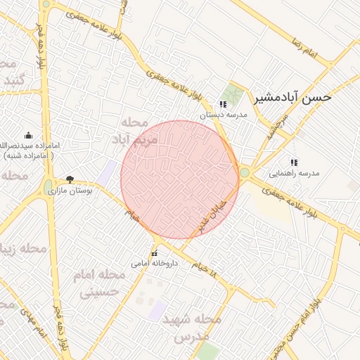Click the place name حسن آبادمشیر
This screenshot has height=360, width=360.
pyautogui.click(x=292, y=98)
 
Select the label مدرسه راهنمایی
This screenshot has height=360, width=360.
pyautogui.click(x=294, y=172)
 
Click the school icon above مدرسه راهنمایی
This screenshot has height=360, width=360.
pyautogui.click(x=294, y=162)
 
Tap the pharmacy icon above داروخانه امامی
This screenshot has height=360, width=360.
pyautogui.click(x=154, y=254)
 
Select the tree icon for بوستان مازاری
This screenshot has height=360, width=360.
pyautogui.click(x=69, y=179)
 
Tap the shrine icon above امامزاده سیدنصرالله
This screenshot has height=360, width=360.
pyautogui.click(x=28, y=135)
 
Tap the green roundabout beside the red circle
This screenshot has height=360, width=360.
pyautogui.click(x=244, y=172)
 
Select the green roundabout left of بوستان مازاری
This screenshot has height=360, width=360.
pyautogui.click(x=48, y=186)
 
